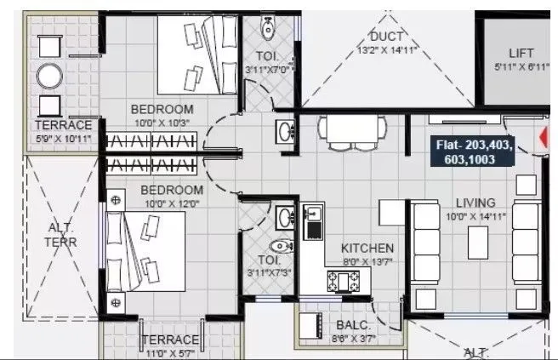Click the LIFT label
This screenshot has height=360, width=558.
pyautogui.click(x=521, y=53)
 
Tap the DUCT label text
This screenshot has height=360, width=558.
pyautogui.click(x=386, y=36)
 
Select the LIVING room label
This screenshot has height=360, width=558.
pyautogui.click(x=475, y=203)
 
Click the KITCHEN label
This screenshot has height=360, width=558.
pyautogui.click(x=367, y=246)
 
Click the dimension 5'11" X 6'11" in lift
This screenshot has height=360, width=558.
pyautogui.click(x=520, y=67)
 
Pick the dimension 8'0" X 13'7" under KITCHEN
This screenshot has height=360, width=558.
pyautogui.click(x=367, y=260)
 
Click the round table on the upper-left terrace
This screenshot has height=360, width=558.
pyautogui.click(x=50, y=77)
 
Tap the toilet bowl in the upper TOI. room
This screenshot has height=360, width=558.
pyautogui.click(x=269, y=28)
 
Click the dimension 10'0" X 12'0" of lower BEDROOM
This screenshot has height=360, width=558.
pyautogui.click(x=171, y=203)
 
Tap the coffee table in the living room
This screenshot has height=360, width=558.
pyautogui.click(x=477, y=243)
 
